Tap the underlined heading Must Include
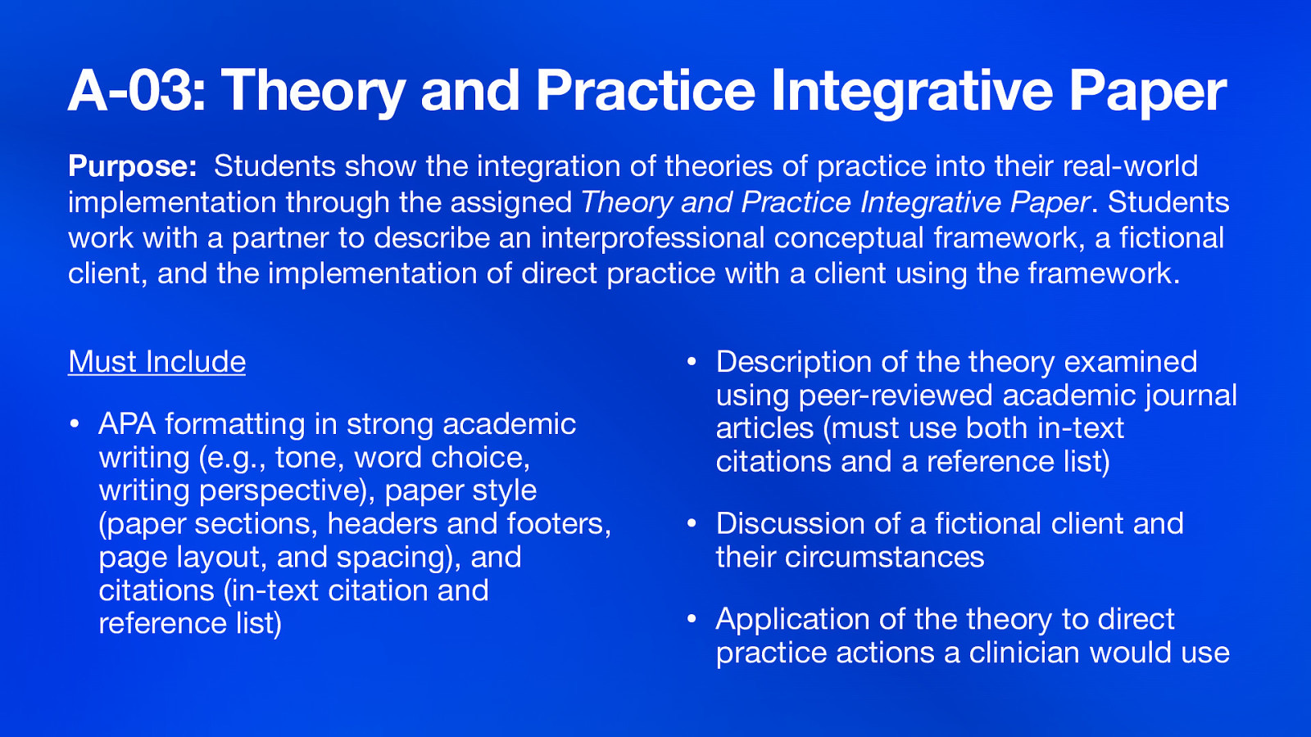point(157,362)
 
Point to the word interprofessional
point(652,237)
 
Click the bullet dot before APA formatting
point(74,424)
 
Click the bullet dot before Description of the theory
point(692,362)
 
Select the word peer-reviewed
point(896,396)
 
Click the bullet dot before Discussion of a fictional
point(692,523)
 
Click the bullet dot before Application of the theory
point(692,619)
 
